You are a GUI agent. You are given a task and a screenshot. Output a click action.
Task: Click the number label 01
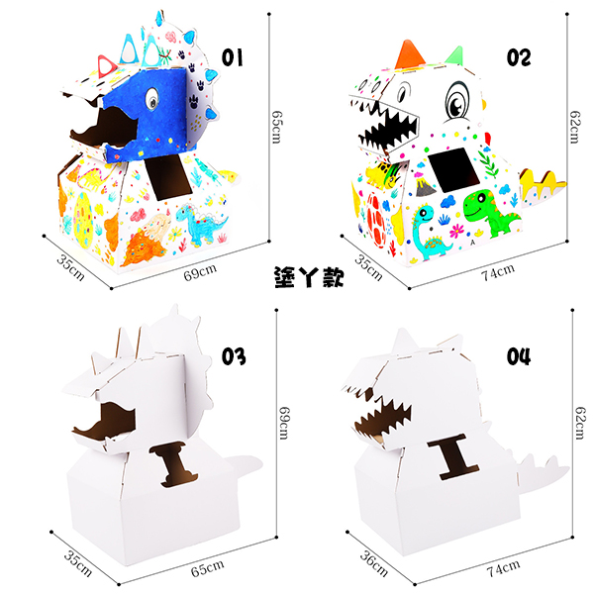(x=232, y=57)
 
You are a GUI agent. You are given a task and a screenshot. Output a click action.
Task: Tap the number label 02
(x=519, y=57)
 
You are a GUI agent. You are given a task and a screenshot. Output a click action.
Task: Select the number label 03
(x=234, y=356)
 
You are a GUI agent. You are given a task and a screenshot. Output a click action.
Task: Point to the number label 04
(x=519, y=356)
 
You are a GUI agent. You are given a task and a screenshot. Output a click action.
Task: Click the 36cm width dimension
(x=374, y=563)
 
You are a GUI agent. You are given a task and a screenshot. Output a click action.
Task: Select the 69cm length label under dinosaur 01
(x=200, y=272)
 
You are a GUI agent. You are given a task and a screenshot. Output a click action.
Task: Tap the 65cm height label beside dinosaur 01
(x=276, y=127)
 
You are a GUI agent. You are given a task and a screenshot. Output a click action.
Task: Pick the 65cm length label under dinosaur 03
(x=207, y=568)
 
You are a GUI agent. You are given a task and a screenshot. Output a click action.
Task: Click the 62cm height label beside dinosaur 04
(x=580, y=423)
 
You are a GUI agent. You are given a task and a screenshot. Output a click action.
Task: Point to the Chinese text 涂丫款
(x=309, y=277)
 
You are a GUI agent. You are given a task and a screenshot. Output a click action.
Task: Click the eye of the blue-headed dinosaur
(x=151, y=98)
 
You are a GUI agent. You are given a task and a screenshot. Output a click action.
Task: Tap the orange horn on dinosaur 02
(x=410, y=54)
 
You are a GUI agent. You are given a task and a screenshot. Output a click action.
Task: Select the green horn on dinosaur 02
(x=455, y=55)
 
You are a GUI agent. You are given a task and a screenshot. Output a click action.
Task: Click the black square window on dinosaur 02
(x=453, y=169)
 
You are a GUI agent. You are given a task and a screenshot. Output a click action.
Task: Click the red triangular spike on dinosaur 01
(x=107, y=66)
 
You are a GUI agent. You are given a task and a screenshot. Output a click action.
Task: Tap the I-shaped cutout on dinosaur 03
(x=174, y=463)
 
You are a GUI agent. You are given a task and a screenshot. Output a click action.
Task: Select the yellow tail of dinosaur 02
(x=543, y=184)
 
